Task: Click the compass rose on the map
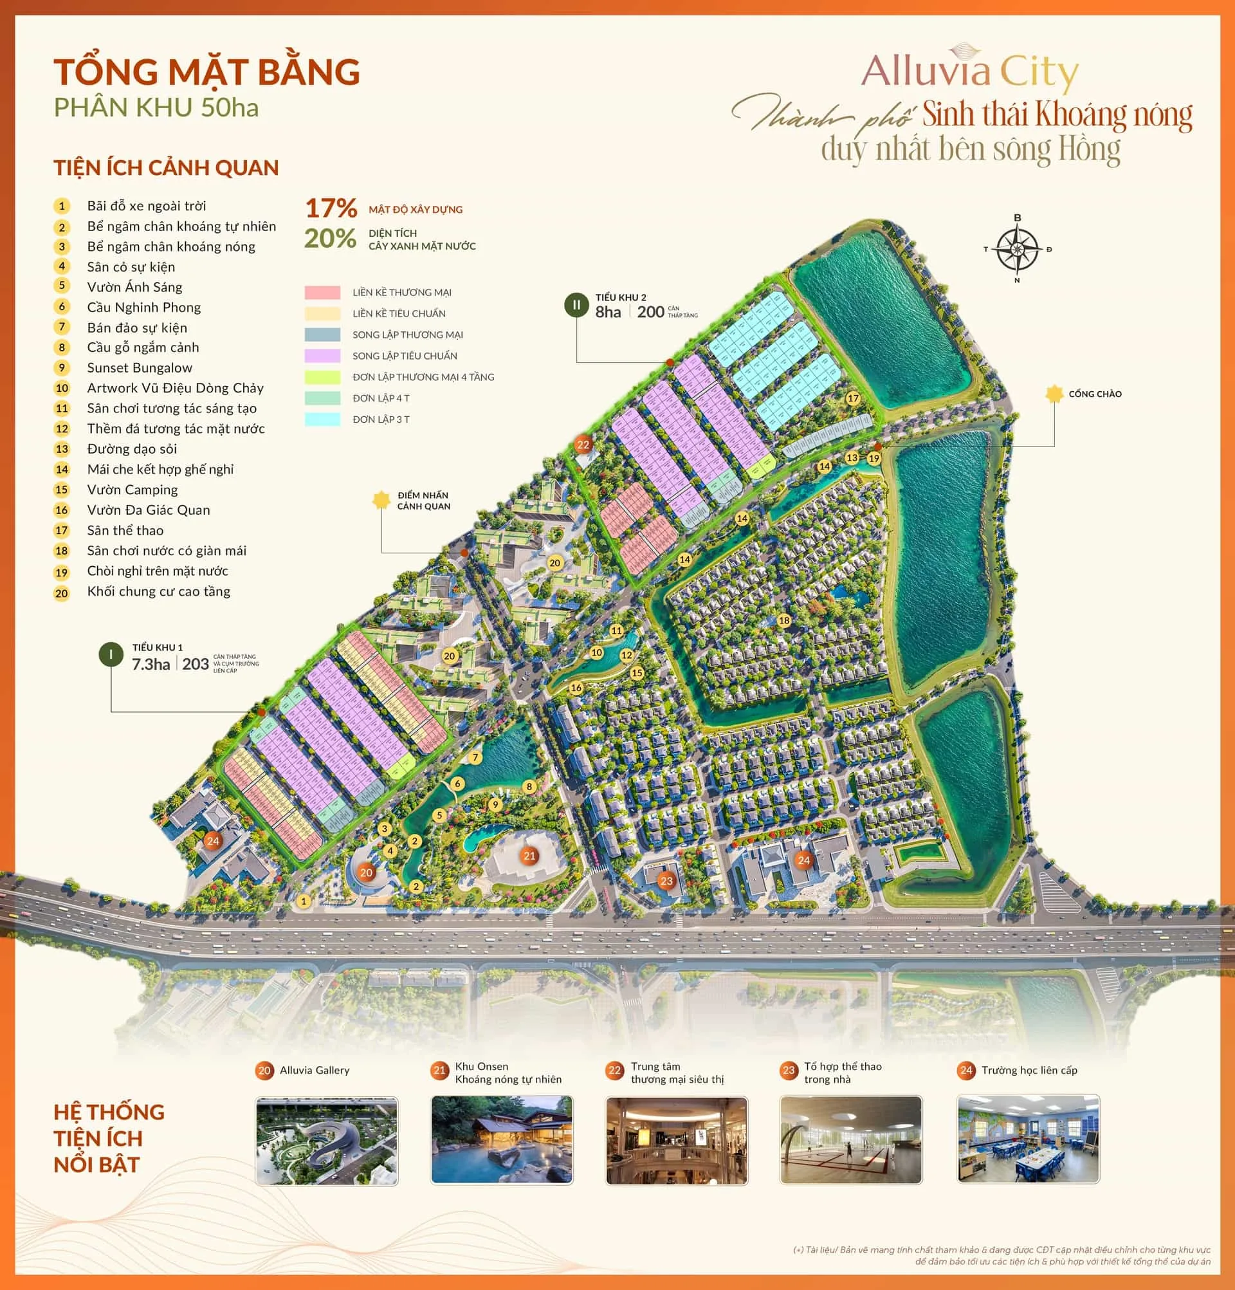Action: [1017, 250]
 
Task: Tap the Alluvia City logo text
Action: [970, 73]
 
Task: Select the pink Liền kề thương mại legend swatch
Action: [322, 292]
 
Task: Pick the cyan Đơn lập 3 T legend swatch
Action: [322, 419]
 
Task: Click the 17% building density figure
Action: [331, 208]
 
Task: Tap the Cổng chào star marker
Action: [1054, 394]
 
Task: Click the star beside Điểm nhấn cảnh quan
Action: [381, 500]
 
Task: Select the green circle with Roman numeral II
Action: [576, 306]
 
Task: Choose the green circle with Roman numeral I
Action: [111, 655]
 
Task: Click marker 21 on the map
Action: [529, 856]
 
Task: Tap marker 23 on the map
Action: [666, 881]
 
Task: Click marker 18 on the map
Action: [783, 620]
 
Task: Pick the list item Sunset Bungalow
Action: [140, 368]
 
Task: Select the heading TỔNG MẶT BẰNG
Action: [206, 72]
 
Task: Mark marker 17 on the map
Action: [853, 398]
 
